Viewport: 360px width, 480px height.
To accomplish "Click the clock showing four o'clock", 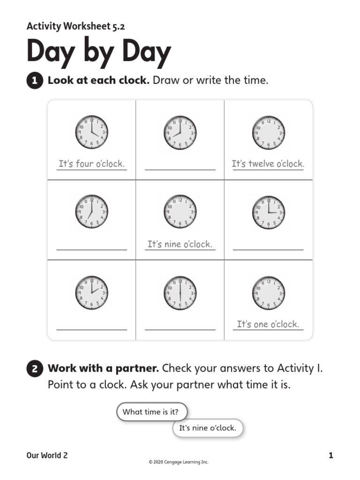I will tap(91, 132).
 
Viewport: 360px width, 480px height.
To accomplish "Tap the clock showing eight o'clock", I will tap(180, 132).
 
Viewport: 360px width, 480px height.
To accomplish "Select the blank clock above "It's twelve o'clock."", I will tap(268, 132).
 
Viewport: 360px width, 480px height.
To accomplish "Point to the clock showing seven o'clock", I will tap(91, 212).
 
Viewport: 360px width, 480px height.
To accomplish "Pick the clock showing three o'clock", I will tap(268, 212).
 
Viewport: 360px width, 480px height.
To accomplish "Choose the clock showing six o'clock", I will tap(180, 293).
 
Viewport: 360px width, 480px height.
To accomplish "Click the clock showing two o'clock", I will tap(91, 293).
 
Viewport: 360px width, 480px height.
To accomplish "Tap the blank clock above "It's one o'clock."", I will tap(268, 293).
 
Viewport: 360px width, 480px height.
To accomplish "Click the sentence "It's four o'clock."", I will tap(91, 164).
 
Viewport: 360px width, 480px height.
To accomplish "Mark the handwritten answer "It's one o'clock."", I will tap(268, 324).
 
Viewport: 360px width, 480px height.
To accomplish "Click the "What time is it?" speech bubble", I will tap(151, 412).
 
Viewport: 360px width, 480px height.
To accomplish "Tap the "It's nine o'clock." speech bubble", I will tap(208, 428).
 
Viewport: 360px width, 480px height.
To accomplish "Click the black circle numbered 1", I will tap(35, 81).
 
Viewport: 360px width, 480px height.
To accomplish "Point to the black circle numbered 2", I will tap(35, 369).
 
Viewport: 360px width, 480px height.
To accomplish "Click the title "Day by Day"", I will tap(98, 52).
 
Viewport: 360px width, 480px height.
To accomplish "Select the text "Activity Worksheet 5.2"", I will tap(75, 26).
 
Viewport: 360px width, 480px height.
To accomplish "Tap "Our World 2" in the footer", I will tap(47, 455).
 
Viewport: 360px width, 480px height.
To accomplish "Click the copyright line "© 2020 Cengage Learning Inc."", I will tap(178, 462).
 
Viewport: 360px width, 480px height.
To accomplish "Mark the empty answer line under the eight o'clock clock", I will tap(180, 169).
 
